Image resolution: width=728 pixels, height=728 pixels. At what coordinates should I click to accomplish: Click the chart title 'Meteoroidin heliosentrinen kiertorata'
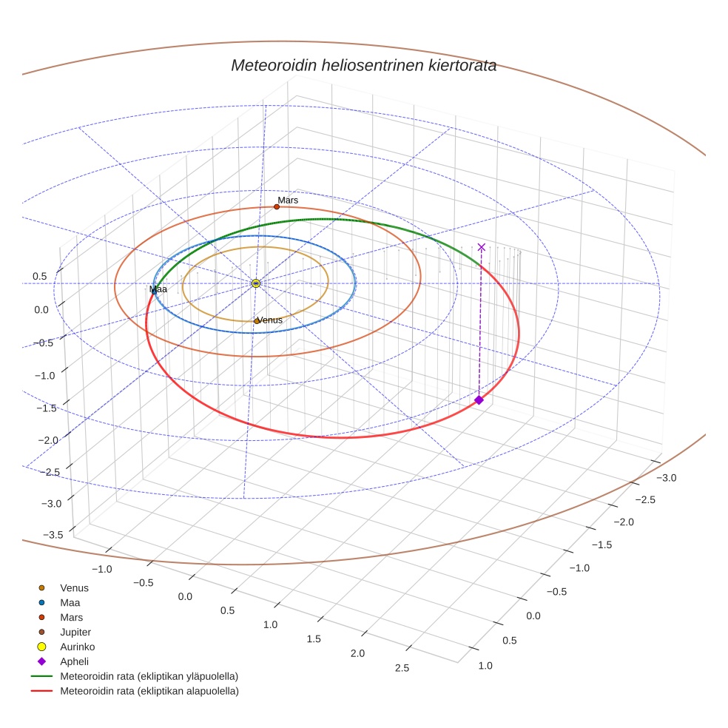[363, 65]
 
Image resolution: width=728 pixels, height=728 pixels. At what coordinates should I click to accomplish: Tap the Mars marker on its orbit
[277, 206]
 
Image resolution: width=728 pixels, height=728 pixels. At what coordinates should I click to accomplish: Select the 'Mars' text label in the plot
[288, 200]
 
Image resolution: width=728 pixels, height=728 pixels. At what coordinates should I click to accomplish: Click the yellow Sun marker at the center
[256, 283]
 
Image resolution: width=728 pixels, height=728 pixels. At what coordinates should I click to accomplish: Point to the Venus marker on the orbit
[257, 321]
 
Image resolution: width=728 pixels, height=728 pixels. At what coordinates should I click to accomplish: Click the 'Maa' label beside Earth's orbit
[158, 289]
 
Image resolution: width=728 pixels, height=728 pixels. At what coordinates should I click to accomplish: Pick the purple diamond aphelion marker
[479, 400]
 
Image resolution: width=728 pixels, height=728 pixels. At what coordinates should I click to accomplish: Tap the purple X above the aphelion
[482, 246]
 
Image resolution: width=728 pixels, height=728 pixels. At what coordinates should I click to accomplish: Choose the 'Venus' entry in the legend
[74, 588]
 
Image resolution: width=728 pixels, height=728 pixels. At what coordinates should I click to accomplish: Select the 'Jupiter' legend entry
[75, 633]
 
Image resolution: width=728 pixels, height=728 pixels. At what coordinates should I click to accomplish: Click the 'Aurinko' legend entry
[77, 647]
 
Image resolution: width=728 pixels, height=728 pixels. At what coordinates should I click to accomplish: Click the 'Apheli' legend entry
[74, 661]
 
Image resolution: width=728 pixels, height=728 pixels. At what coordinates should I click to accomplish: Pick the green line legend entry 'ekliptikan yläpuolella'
[149, 676]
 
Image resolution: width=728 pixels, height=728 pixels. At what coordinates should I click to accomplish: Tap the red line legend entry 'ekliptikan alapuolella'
[149, 691]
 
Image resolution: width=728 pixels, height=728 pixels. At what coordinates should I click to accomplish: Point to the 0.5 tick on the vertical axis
[39, 276]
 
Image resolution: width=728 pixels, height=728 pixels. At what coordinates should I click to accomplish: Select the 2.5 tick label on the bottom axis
[402, 668]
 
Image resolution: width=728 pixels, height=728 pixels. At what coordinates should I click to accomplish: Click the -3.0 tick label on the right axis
[667, 478]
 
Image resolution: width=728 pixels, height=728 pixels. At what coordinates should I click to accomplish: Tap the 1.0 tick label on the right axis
[486, 665]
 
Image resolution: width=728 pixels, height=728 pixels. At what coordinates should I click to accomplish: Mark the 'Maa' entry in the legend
[70, 603]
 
